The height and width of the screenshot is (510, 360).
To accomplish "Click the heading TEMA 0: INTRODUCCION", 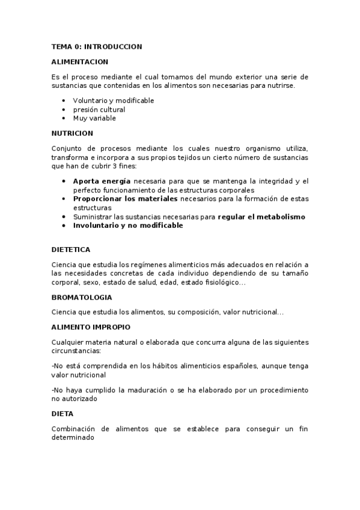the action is (x=97, y=46).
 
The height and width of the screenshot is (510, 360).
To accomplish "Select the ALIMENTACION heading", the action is (x=79, y=61).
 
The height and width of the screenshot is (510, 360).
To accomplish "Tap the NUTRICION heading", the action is (x=72, y=133).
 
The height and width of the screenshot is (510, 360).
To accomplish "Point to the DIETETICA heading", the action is (x=71, y=249).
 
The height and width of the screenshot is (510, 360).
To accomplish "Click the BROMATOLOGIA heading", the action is (x=82, y=297).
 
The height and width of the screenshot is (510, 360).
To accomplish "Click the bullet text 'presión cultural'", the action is (x=99, y=109).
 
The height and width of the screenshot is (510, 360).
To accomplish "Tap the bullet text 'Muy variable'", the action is (x=94, y=118).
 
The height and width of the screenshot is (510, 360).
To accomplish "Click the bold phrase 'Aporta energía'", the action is (x=102, y=181).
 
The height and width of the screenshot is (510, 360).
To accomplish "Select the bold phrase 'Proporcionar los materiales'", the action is (x=125, y=198).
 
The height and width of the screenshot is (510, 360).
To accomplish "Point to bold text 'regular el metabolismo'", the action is (x=261, y=217).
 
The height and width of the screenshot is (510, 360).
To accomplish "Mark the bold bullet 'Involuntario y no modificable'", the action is (x=127, y=226).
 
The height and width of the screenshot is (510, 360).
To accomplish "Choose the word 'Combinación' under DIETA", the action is (x=75, y=429).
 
